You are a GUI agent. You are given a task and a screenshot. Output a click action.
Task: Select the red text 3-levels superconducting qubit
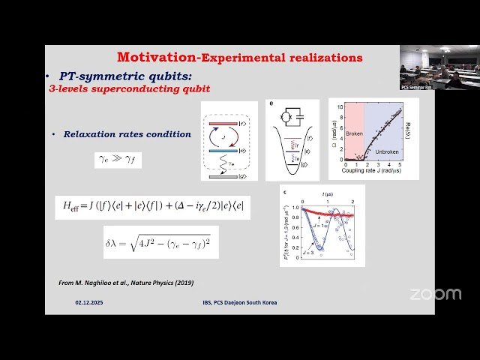pyautogui.click(x=129, y=88)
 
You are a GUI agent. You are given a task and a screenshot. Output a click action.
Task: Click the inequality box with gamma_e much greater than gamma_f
pyautogui.click(x=118, y=159)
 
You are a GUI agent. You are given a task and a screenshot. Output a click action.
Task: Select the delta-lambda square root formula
pyautogui.click(x=160, y=242)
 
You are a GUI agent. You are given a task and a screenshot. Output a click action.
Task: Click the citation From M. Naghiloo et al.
pyautogui.click(x=126, y=283)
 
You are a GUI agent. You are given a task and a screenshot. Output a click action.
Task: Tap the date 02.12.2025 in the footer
pyautogui.click(x=88, y=302)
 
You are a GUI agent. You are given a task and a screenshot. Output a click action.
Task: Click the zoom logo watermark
pyautogui.click(x=436, y=294)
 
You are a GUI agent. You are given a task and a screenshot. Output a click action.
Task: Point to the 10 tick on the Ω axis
pyautogui.click(x=339, y=106)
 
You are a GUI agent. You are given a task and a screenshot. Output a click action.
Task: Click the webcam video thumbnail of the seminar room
pyautogui.click(x=430, y=67)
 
